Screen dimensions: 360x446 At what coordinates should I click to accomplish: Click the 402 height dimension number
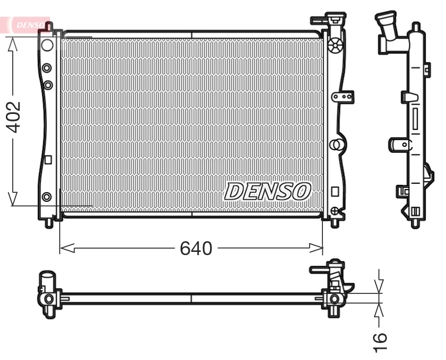click(x=13, y=117)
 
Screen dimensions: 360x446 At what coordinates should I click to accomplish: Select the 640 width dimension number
click(x=196, y=248)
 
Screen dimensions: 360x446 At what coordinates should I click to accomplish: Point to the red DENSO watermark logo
click(x=29, y=24)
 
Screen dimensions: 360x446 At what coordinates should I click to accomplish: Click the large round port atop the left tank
click(x=47, y=44)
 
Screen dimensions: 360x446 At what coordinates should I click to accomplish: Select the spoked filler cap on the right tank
click(x=335, y=46)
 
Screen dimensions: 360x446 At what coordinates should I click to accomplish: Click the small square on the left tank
click(x=47, y=159)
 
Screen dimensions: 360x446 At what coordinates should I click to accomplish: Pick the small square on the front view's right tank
click(x=335, y=191)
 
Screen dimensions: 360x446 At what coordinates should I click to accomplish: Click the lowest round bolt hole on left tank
click(x=47, y=197)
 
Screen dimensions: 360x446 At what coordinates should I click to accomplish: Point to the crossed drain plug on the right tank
click(x=334, y=211)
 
